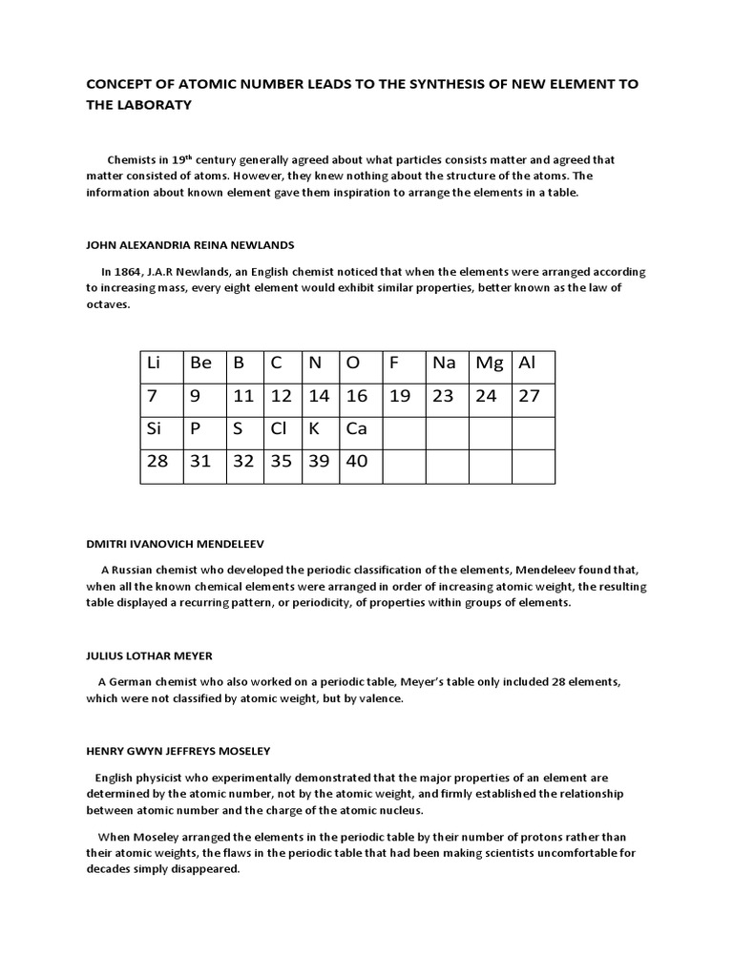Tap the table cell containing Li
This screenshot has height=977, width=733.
[161, 364]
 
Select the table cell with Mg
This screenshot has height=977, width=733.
[490, 364]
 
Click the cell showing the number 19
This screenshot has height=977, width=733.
[404, 396]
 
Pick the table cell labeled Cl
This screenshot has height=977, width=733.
[283, 428]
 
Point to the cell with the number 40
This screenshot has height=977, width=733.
[361, 461]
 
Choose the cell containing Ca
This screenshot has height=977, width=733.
[361, 428]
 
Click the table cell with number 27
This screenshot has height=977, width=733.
[533, 396]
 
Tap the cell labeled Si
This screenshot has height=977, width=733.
[161, 428]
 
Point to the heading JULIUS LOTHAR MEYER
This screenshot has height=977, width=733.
[149, 656]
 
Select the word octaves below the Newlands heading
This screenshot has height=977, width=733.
[107, 304]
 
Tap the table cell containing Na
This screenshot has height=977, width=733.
[447, 364]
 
